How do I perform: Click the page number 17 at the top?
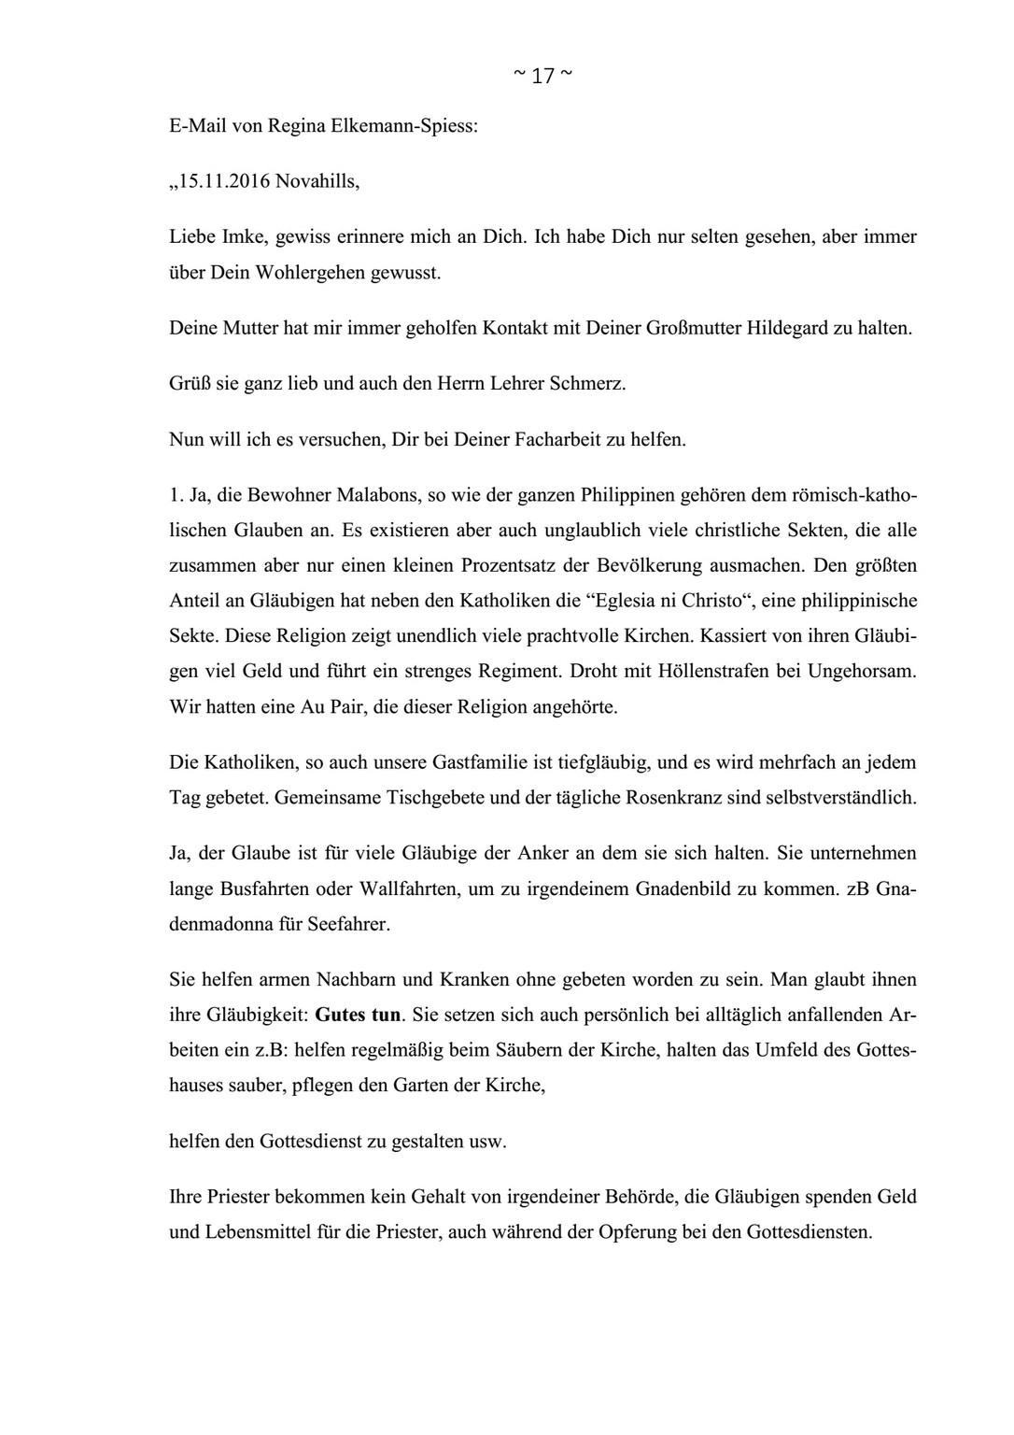[x=542, y=77]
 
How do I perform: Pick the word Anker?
[x=593, y=853]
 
